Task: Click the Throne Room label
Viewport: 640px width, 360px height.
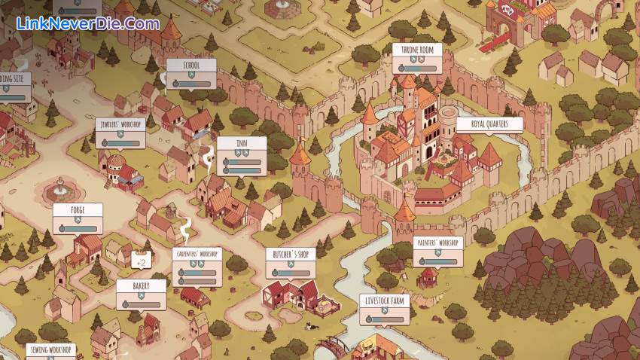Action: point(417,50)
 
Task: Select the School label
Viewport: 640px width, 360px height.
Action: point(191,66)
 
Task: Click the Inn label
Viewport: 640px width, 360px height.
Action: point(241,142)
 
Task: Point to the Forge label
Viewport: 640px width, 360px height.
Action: point(78,210)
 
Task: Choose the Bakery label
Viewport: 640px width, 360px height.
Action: point(141,286)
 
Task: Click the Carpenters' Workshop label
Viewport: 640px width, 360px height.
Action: point(197,254)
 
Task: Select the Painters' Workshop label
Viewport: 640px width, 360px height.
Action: point(437,243)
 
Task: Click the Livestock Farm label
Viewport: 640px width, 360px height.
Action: point(384,301)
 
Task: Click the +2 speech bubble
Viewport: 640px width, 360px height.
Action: point(140,262)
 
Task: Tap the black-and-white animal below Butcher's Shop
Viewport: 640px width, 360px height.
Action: point(309,325)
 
